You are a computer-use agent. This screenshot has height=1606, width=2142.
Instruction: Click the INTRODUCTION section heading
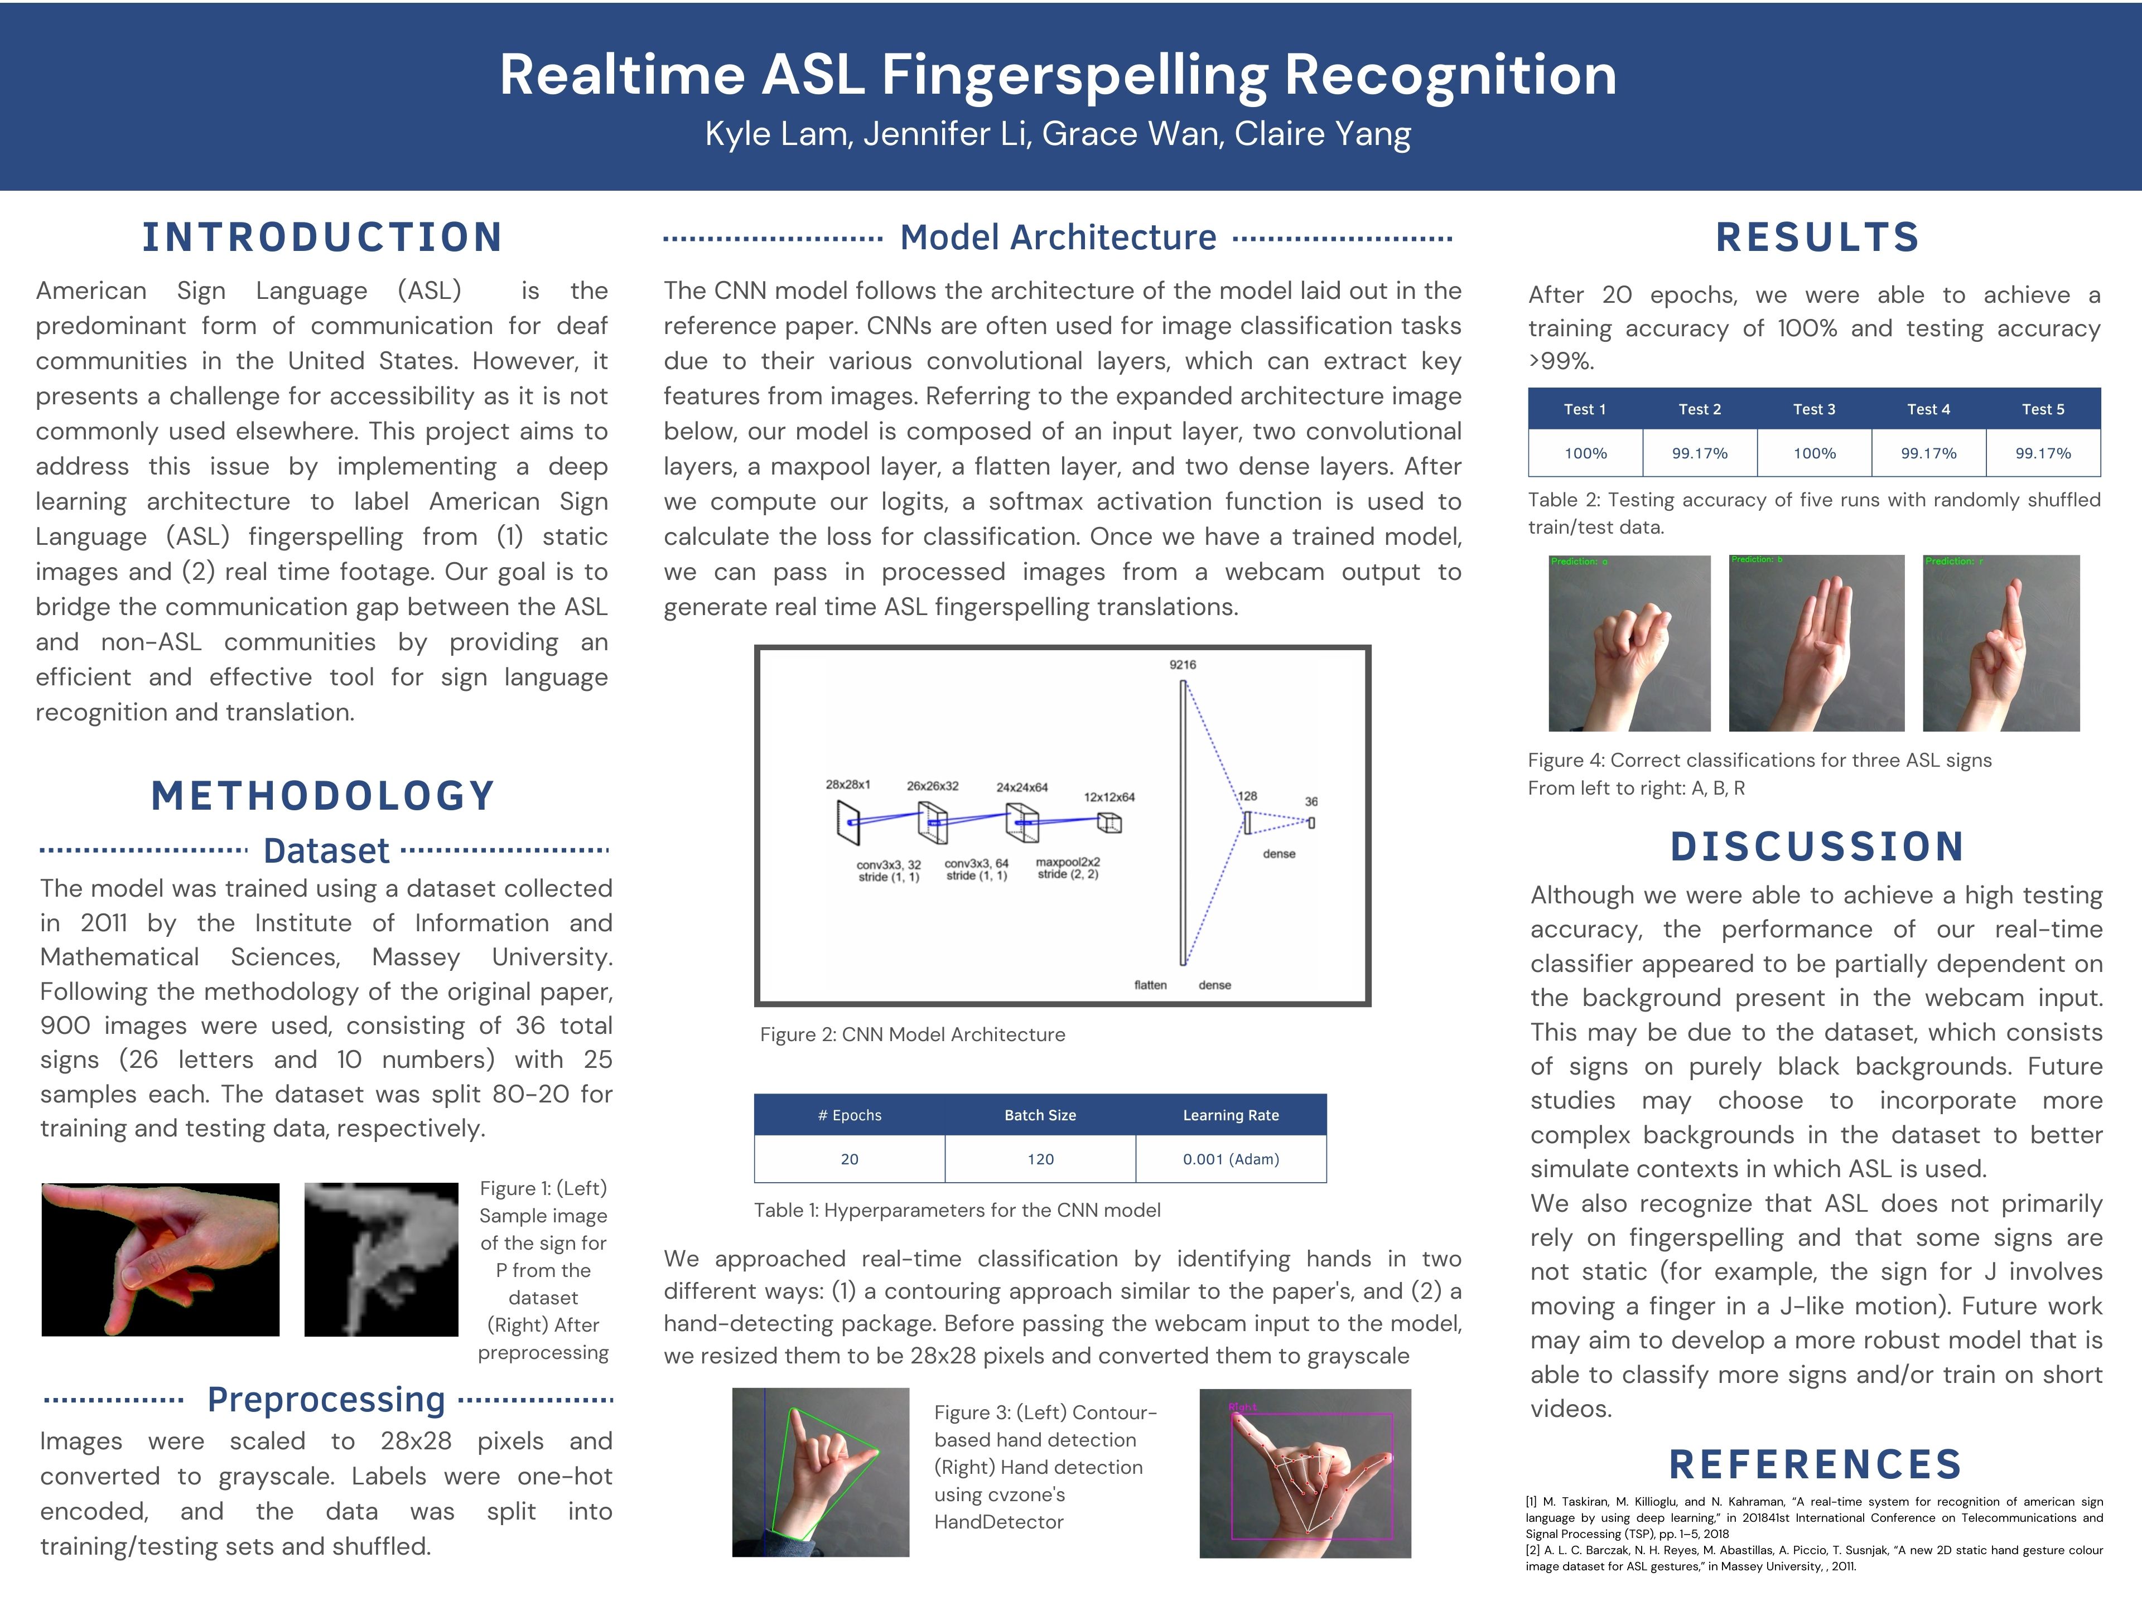[322, 237]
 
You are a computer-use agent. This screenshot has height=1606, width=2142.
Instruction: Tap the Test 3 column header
[1814, 409]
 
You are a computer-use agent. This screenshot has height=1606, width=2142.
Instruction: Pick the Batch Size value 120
[1040, 1159]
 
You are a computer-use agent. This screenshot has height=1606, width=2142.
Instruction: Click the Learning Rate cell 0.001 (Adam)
[1230, 1159]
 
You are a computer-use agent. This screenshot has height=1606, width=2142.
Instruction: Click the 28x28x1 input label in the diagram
[847, 784]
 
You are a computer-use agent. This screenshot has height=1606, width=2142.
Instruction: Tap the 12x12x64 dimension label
[1109, 797]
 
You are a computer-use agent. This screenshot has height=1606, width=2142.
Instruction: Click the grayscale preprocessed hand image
[380, 1260]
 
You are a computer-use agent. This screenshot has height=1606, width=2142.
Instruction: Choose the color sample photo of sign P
[161, 1260]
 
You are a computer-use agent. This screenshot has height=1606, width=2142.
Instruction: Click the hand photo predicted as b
[1816, 643]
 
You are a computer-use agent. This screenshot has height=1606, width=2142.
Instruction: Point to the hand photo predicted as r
[2001, 643]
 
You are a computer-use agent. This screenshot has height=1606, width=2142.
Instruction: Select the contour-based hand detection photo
[820, 1472]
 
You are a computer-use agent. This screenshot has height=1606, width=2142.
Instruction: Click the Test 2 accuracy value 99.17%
[1700, 453]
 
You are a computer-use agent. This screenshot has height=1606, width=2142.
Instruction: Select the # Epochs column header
[849, 1115]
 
